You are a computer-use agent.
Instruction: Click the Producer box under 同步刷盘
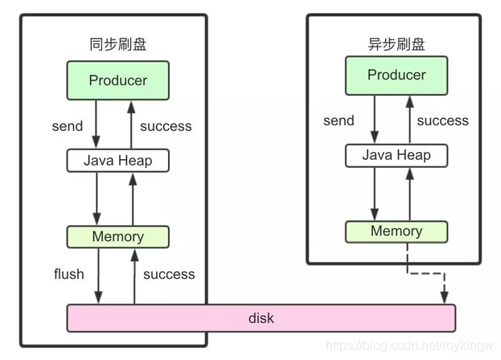click(118, 80)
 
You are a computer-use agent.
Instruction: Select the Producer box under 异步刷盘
click(396, 75)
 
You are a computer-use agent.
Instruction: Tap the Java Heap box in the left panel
click(118, 160)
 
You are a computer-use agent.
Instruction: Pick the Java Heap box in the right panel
click(396, 155)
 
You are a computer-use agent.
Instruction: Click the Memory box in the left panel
click(118, 236)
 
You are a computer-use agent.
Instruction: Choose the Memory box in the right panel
click(396, 231)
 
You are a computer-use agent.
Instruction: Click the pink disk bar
click(261, 318)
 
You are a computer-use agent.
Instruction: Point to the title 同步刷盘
click(118, 44)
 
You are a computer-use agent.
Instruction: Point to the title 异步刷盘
click(396, 44)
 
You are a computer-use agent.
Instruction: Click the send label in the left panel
click(68, 125)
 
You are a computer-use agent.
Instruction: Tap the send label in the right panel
click(339, 121)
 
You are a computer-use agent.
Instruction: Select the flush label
click(68, 274)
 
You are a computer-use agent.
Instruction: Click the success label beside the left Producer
click(166, 125)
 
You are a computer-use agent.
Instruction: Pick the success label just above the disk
click(169, 274)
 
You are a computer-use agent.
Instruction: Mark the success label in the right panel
click(442, 121)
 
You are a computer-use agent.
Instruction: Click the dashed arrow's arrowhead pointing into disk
click(444, 298)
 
